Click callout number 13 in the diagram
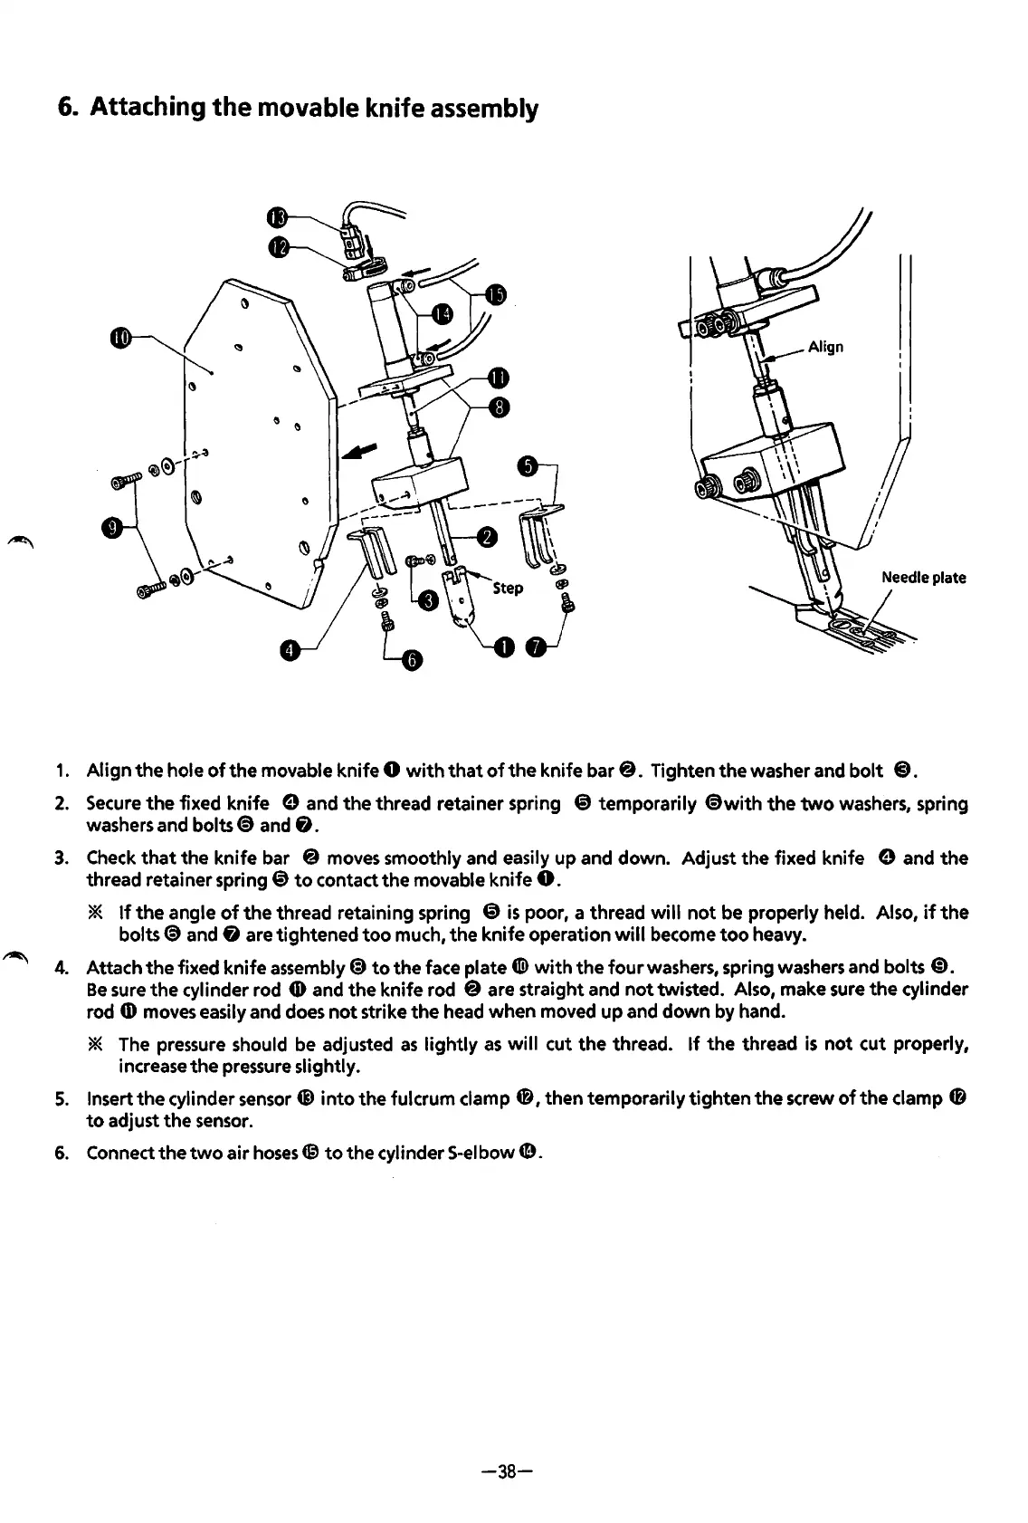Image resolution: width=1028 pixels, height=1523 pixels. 279,217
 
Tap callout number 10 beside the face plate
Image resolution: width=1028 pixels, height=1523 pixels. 122,339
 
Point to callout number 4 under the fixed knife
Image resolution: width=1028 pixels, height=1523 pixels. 289,650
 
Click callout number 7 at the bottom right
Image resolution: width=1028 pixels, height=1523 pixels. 538,646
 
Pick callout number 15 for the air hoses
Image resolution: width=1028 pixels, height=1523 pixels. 495,294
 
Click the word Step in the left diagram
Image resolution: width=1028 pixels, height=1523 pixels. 508,589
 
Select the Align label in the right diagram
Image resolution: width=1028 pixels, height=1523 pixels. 825,346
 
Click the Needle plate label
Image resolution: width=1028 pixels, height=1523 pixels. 923,578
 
